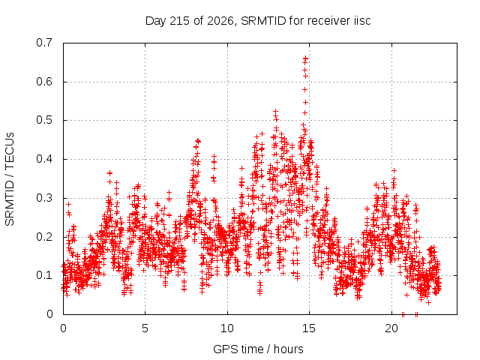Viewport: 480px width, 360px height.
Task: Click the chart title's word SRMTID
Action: click(263, 21)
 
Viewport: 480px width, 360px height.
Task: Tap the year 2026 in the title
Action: click(220, 21)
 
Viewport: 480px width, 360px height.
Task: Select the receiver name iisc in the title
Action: click(362, 21)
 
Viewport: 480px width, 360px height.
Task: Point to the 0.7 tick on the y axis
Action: click(45, 43)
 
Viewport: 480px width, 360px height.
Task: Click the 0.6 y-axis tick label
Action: click(45, 82)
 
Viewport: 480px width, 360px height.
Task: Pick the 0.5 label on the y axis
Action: click(45, 120)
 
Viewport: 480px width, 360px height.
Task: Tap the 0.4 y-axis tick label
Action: click(45, 159)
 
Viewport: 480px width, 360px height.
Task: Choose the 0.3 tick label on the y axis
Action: click(45, 198)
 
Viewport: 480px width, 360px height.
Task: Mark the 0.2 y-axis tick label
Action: click(45, 237)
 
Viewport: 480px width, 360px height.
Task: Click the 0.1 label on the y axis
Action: click(45, 275)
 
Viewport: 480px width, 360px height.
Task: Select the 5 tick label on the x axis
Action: click(145, 328)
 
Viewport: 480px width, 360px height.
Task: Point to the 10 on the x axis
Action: click(227, 328)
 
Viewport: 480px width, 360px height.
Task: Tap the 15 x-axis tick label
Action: click(309, 328)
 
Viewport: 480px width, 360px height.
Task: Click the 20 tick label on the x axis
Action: click(391, 328)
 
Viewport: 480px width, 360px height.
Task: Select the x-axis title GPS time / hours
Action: click(258, 349)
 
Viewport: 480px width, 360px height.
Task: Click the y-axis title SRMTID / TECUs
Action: click(10, 179)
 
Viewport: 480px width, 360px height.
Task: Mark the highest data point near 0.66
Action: click(305, 58)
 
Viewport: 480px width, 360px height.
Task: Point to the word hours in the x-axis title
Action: click(288, 349)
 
